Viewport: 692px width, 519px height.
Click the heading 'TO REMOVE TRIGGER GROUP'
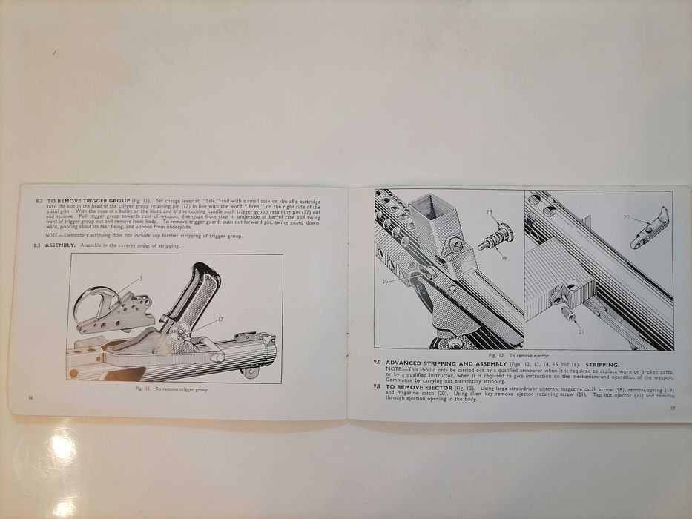coord(88,200)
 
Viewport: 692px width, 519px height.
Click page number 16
coord(29,398)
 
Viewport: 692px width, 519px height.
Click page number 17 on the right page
coord(670,408)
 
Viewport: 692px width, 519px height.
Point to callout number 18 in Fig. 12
coord(490,213)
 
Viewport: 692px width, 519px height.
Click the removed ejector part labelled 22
coord(650,228)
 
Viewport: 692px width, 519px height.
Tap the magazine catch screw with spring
coord(495,236)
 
